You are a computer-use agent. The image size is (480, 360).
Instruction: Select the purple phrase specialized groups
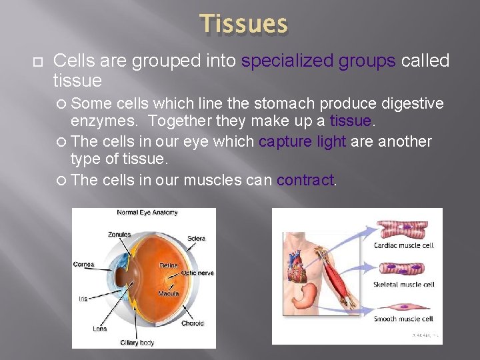click(x=319, y=61)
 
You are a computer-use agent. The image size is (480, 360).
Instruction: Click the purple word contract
click(x=305, y=181)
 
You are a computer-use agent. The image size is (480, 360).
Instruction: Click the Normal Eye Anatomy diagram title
click(x=147, y=213)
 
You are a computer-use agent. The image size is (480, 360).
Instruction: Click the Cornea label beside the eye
click(x=84, y=265)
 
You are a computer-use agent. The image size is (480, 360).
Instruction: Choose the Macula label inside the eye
click(x=169, y=293)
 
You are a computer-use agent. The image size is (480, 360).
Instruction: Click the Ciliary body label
click(x=137, y=343)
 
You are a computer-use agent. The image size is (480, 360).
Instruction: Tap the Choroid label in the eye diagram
click(x=192, y=323)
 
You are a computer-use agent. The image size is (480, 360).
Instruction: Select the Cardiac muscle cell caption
click(x=404, y=245)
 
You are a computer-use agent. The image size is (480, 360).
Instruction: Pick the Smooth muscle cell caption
click(x=404, y=319)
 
